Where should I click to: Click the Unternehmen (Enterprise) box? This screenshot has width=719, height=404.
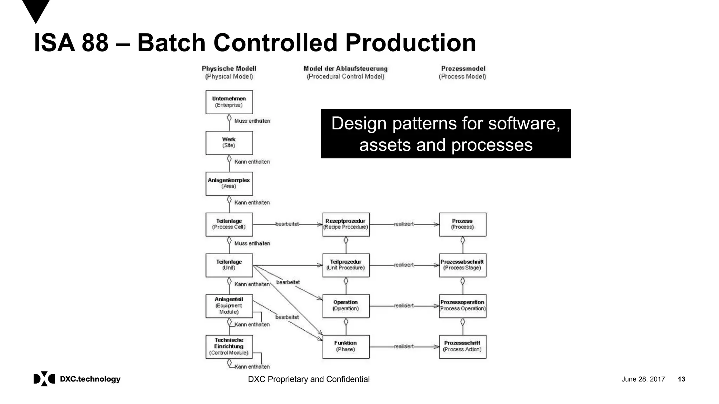pyautogui.click(x=229, y=102)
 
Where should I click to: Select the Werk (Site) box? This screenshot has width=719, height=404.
pyautogui.click(x=229, y=143)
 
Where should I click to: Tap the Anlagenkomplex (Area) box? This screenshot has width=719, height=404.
pyautogui.click(x=229, y=183)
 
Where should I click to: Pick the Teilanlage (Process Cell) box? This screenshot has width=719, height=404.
pyautogui.click(x=229, y=224)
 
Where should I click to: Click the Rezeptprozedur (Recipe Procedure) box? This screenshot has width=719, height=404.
pyautogui.click(x=346, y=224)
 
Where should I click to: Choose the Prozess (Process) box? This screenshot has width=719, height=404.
pyautogui.click(x=462, y=224)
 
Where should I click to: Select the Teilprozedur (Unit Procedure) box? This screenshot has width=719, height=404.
pyautogui.click(x=346, y=265)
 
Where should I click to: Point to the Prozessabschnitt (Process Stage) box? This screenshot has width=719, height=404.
pyautogui.click(x=462, y=265)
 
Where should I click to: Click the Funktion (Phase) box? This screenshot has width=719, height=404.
pyautogui.click(x=346, y=346)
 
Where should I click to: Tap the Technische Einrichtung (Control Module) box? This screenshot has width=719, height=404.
pyautogui.click(x=229, y=346)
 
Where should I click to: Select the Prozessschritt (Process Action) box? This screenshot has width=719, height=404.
pyautogui.click(x=462, y=346)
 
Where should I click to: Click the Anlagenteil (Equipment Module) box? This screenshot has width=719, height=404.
pyautogui.click(x=229, y=306)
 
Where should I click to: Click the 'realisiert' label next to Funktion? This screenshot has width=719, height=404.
pyautogui.click(x=404, y=346)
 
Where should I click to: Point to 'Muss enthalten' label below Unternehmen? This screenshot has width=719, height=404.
pyautogui.click(x=252, y=121)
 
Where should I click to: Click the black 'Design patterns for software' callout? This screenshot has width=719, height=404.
pyautogui.click(x=446, y=134)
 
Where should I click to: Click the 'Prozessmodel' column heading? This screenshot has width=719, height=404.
pyautogui.click(x=463, y=69)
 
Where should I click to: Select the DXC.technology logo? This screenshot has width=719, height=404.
pyautogui.click(x=77, y=379)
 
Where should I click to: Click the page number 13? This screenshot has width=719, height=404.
pyautogui.click(x=681, y=379)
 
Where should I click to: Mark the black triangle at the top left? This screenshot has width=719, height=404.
pyautogui.click(x=36, y=10)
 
